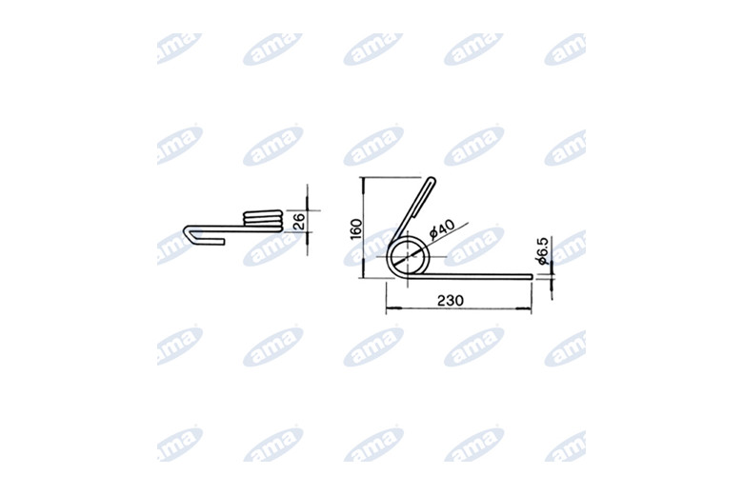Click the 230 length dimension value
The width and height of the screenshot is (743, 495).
[x=451, y=300]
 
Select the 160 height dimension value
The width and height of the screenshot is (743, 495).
[x=356, y=228]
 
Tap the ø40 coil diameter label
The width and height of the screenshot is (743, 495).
[x=442, y=228]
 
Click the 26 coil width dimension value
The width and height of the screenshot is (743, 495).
[x=299, y=221]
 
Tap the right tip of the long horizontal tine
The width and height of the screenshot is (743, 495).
[x=532, y=277]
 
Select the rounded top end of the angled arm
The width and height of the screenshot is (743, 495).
[x=432, y=180]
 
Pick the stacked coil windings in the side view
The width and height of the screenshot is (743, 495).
[x=263, y=220]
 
